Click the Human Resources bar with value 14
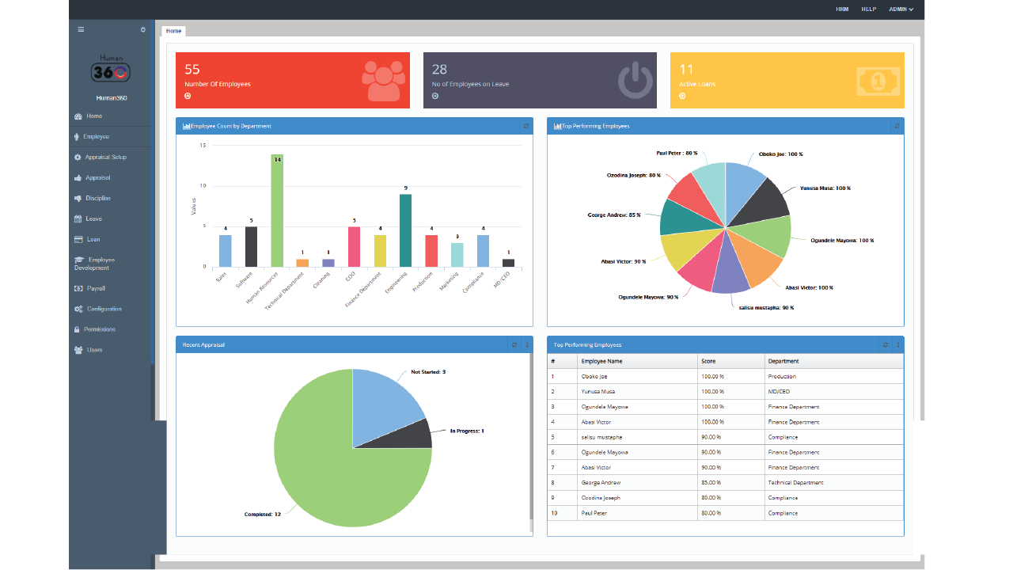click(277, 211)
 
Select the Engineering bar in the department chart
click(405, 230)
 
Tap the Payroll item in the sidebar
click(96, 289)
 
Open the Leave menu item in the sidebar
click(93, 219)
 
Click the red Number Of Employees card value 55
click(192, 70)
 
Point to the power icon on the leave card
click(635, 81)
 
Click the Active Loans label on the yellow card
click(697, 84)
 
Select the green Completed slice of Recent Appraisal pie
click(332, 475)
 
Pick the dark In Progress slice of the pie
click(419, 434)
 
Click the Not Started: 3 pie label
click(428, 371)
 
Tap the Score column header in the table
click(708, 361)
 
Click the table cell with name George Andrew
click(601, 483)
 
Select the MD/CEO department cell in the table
click(779, 392)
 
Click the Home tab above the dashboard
click(173, 31)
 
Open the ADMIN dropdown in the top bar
click(901, 9)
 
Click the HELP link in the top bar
click(868, 9)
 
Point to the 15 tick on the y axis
click(203, 146)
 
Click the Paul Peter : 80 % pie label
click(677, 154)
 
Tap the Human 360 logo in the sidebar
click(111, 70)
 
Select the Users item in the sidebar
click(94, 350)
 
